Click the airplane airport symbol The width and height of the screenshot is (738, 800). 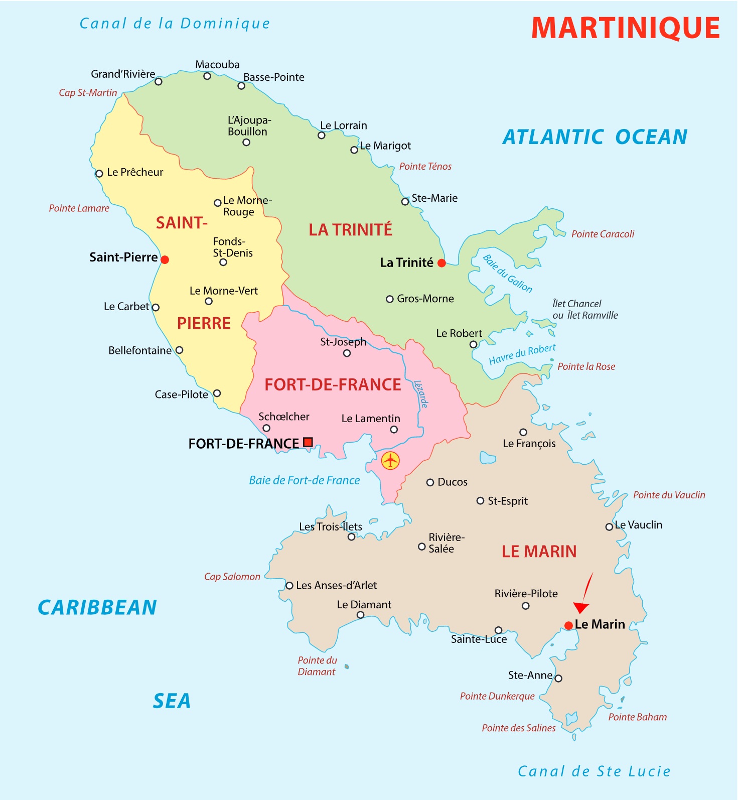point(390,460)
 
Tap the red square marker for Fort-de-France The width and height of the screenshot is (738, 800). point(308,442)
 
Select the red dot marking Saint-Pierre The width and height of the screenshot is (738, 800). point(165,259)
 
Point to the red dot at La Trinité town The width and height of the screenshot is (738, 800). point(441,263)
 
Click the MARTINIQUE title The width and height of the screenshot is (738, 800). point(625,28)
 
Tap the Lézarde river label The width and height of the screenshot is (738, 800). point(421,394)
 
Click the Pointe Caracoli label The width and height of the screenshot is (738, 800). point(603,234)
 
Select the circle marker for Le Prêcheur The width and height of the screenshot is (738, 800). point(99,174)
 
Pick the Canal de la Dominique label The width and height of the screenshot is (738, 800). point(175,24)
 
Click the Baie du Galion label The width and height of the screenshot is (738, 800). point(507,274)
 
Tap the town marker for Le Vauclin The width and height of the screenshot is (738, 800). point(609,526)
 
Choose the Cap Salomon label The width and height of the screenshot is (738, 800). point(232,577)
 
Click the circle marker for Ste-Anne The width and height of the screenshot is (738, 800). point(558,679)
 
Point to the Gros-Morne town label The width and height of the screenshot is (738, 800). point(425,299)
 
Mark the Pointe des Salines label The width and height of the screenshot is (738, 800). point(518,728)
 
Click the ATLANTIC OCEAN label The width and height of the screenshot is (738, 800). point(595,137)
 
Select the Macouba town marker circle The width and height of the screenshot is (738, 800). point(207,76)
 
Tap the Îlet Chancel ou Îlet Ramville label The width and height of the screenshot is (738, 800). point(584,309)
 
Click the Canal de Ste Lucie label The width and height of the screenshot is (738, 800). point(594,771)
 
